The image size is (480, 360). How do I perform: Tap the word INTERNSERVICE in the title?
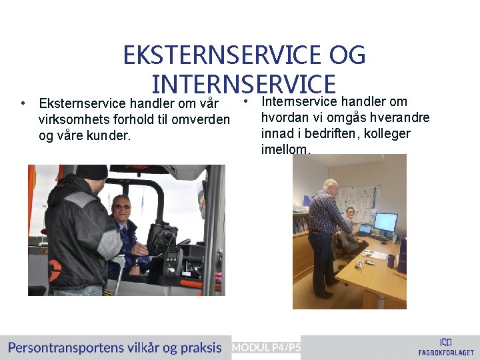243,84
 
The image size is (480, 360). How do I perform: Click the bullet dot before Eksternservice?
23,103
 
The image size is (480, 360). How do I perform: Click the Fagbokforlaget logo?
445,347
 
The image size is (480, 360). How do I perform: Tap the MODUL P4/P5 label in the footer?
266,347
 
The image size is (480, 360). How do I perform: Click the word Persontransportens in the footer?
65,347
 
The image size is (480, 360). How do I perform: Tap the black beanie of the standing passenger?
91,172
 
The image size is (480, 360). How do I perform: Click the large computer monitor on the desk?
385,222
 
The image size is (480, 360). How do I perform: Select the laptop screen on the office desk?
365,229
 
